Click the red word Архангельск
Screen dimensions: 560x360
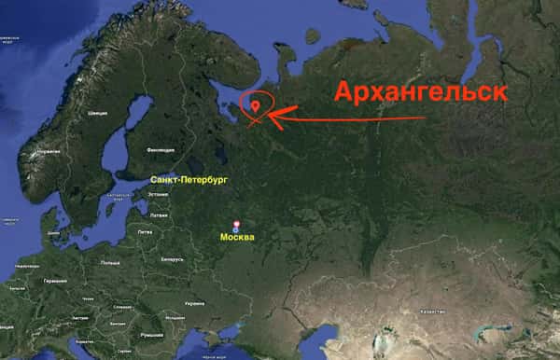click(422, 92)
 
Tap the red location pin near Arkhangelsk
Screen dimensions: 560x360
click(256, 107)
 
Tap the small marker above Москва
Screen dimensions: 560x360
click(235, 225)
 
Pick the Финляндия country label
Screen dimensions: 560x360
click(161, 149)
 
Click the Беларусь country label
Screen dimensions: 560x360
click(172, 258)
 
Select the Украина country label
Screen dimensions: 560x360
click(194, 303)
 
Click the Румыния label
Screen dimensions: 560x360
click(151, 332)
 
